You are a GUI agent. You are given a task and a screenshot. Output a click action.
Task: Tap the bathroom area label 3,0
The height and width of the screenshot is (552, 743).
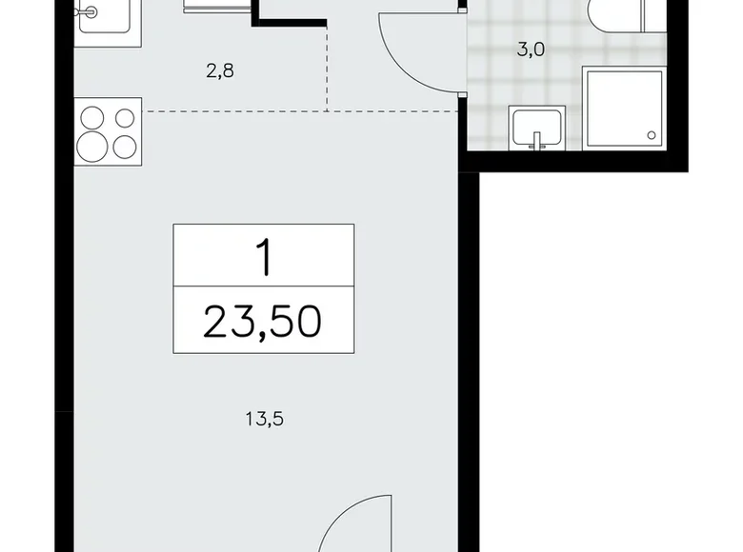(530, 50)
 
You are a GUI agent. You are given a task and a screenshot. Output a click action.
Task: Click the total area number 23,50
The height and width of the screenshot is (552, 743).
(263, 322)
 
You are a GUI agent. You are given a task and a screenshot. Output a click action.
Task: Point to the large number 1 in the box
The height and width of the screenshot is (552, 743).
(263, 257)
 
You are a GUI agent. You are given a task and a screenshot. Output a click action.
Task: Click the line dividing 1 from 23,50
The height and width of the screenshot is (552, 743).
(263, 286)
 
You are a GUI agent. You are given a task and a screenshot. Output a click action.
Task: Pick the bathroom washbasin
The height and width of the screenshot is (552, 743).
(537, 128)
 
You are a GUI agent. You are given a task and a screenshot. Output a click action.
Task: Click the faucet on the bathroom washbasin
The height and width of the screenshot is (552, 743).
(537, 142)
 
